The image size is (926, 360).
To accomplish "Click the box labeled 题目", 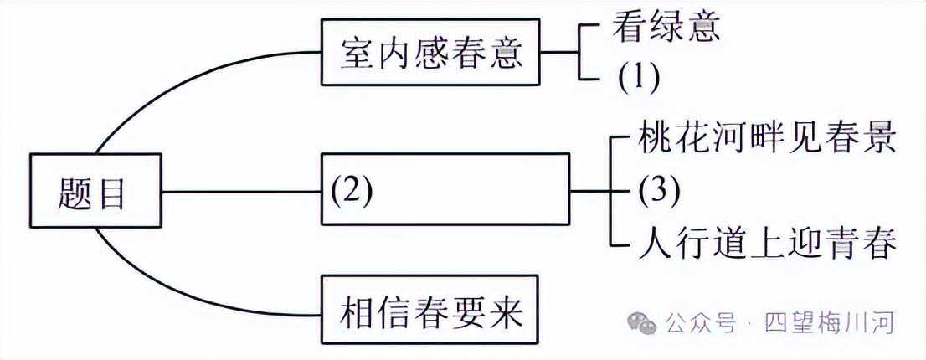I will pyautogui.click(x=95, y=191).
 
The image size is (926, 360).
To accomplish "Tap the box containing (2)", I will pyautogui.click(x=445, y=189).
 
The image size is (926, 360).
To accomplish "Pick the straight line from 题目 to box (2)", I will pyautogui.click(x=242, y=191).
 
